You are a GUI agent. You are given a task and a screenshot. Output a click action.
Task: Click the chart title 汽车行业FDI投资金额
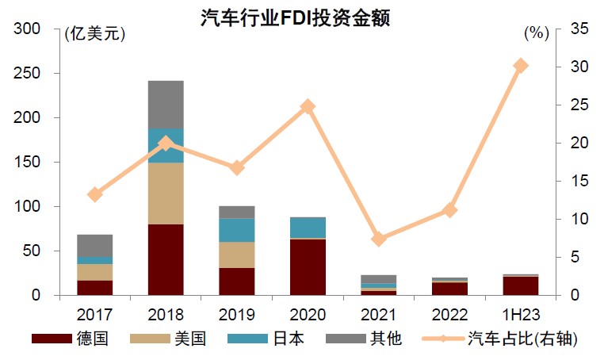tap(295, 18)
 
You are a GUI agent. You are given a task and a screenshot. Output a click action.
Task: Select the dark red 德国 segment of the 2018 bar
tap(166, 259)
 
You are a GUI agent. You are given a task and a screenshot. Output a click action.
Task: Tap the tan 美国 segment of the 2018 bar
tap(166, 193)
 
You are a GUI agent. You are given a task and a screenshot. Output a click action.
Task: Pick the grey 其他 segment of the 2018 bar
tap(166, 105)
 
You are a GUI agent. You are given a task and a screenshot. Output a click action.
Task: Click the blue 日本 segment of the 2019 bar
tap(236, 230)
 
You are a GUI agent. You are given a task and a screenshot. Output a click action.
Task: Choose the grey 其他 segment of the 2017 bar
tap(95, 246)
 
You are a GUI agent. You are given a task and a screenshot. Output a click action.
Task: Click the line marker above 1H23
tap(521, 66)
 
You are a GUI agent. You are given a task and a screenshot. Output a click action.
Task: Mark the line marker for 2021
tap(379, 239)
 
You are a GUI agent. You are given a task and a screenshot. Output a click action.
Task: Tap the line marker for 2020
tap(308, 107)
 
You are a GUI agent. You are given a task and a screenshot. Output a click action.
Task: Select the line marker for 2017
tap(95, 194)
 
